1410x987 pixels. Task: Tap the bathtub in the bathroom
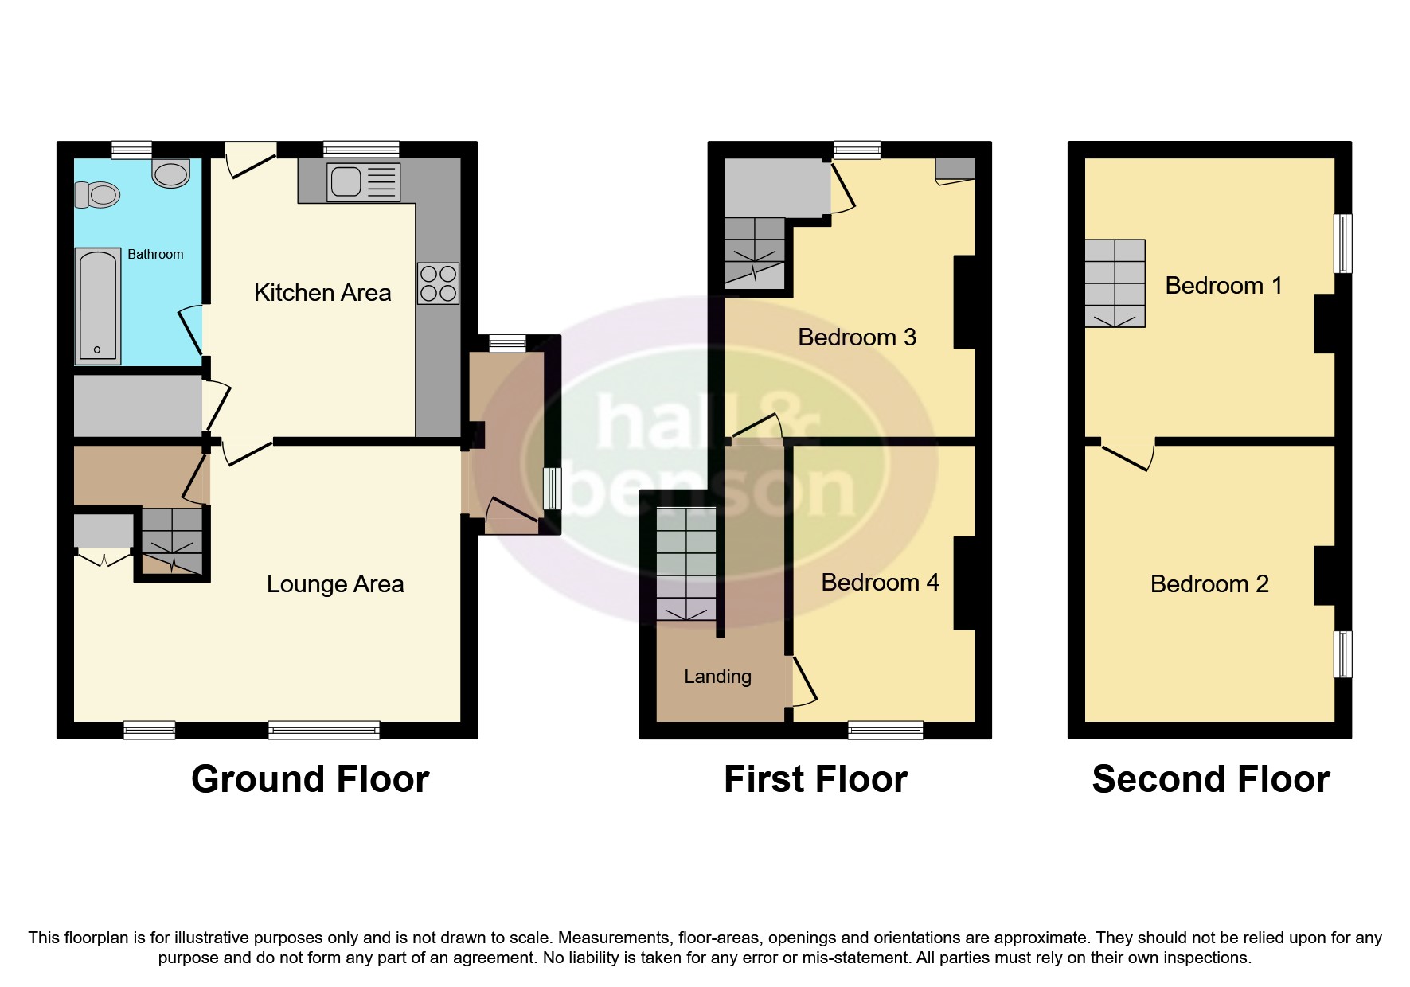tap(97, 305)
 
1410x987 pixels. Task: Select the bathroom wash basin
tap(170, 173)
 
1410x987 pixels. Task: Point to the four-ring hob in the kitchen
tap(438, 283)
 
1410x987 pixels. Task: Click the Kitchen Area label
tap(322, 293)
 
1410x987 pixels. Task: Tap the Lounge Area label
tap(335, 584)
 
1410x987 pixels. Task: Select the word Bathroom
tap(155, 255)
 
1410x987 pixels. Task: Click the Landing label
tap(717, 677)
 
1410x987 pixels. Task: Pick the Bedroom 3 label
tap(857, 337)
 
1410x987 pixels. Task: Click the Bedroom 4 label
tap(880, 583)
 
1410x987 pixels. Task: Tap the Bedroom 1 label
tap(1224, 286)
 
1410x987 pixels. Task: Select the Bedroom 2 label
tap(1209, 584)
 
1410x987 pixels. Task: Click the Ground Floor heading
tap(310, 779)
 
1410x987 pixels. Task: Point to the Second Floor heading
tap(1210, 779)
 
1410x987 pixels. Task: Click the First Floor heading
tap(815, 779)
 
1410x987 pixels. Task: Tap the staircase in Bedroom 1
tap(1115, 283)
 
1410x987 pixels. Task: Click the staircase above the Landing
tap(685, 564)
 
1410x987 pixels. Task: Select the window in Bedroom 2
tap(1342, 654)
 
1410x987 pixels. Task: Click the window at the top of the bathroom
tap(131, 150)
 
